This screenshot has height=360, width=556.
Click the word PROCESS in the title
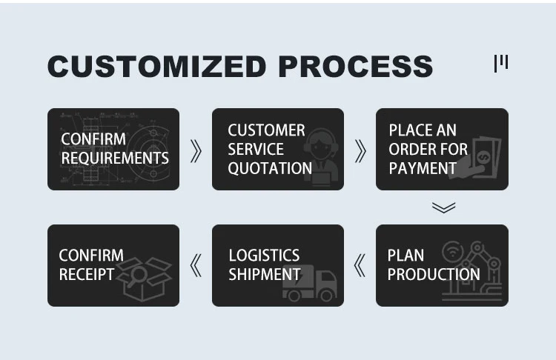coord(356,66)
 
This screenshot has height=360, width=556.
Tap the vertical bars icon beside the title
coord(501,64)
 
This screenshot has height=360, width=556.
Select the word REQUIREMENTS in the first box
coord(115,158)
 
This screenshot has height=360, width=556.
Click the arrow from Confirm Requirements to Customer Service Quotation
coord(196,150)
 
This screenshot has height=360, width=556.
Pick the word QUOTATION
coord(270,168)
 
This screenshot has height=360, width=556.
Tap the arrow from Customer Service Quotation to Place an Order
coord(360,150)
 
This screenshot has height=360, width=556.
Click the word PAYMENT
coord(423,168)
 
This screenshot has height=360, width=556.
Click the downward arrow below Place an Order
coord(443,207)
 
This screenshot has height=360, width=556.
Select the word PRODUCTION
coord(434,274)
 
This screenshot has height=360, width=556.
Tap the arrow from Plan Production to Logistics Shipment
coord(360,265)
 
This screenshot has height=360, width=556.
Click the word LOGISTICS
coord(264,256)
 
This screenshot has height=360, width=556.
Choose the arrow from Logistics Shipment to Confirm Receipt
coord(196,265)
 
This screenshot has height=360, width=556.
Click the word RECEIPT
coord(87,274)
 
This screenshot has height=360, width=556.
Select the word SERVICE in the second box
coord(255,149)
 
